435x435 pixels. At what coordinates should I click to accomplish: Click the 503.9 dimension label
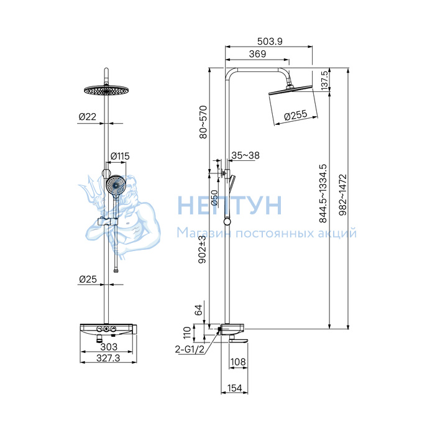coord(270,42)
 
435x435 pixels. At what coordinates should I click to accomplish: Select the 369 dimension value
coord(257,54)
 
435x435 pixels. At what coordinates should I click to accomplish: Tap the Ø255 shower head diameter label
coord(296,115)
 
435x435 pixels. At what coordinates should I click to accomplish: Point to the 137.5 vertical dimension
coord(324,80)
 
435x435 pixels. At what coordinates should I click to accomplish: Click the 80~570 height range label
coord(203,122)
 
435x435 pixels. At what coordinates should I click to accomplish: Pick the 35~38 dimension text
coord(245,155)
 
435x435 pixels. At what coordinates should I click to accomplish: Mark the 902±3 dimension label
coord(203,249)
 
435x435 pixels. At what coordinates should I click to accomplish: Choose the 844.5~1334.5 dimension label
coord(323,194)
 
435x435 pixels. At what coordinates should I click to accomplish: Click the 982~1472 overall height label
coord(343,195)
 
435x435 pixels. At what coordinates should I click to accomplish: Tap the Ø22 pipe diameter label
coord(88,117)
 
